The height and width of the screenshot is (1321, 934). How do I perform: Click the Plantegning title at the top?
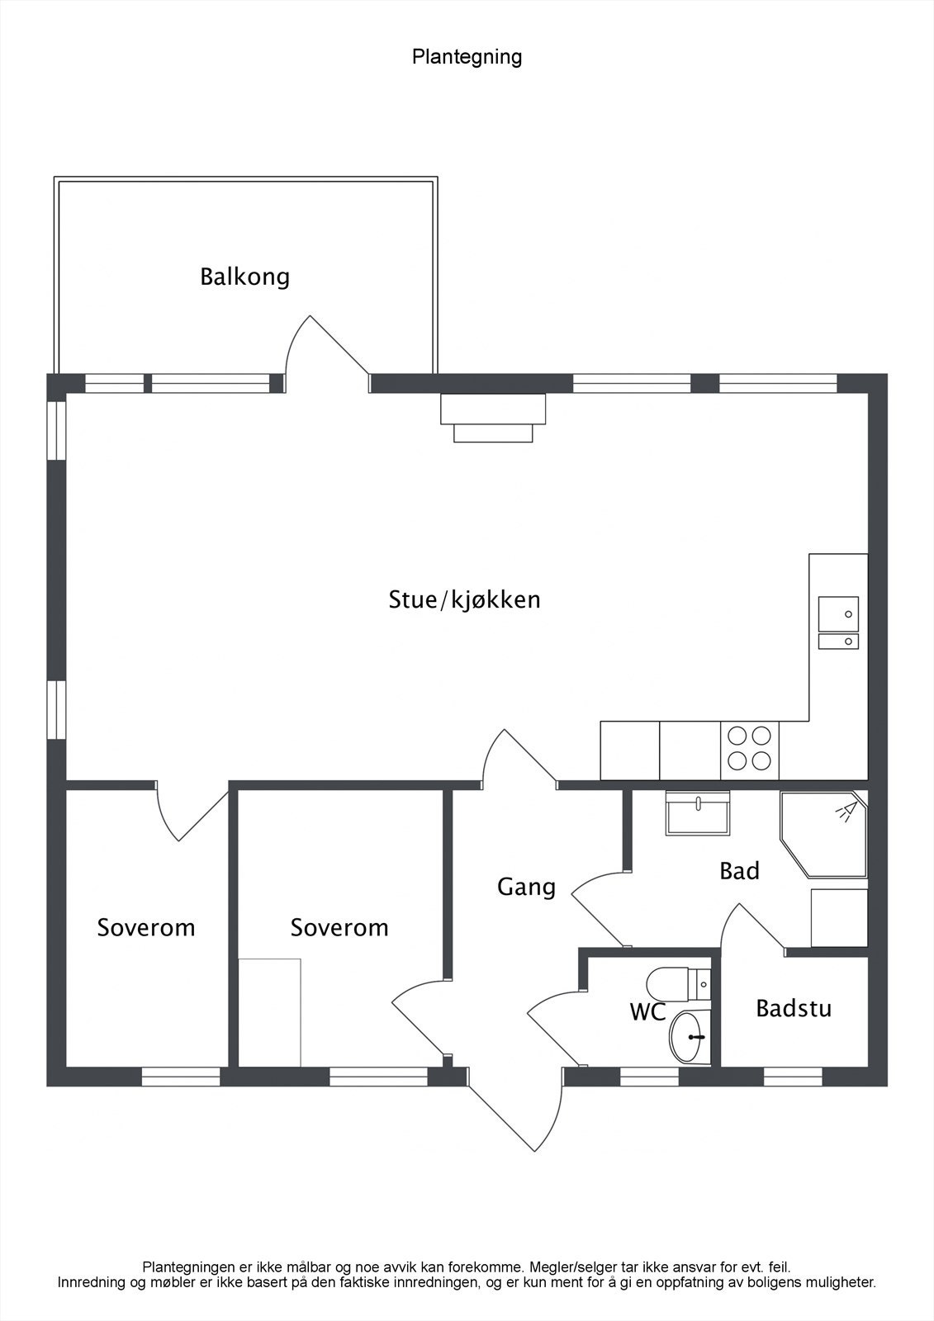tap(467, 57)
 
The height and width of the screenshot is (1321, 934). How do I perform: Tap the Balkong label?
tap(245, 277)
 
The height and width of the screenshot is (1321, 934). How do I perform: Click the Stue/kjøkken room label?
tap(464, 599)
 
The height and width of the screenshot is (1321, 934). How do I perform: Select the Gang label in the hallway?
tap(526, 887)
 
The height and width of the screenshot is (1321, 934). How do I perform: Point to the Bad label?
tap(739, 871)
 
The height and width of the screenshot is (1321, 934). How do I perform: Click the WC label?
tap(647, 1012)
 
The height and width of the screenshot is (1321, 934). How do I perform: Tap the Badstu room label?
tap(794, 1008)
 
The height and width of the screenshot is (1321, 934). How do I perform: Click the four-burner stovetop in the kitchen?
tap(749, 750)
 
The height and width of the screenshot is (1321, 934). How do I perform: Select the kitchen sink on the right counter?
tap(838, 623)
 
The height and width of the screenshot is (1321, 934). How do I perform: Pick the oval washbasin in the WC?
tap(690, 1037)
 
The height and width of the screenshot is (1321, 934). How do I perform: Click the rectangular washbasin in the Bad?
tap(697, 812)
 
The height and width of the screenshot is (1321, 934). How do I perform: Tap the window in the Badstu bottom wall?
tap(793, 1077)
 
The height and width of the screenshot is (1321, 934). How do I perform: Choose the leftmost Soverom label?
tap(145, 928)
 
